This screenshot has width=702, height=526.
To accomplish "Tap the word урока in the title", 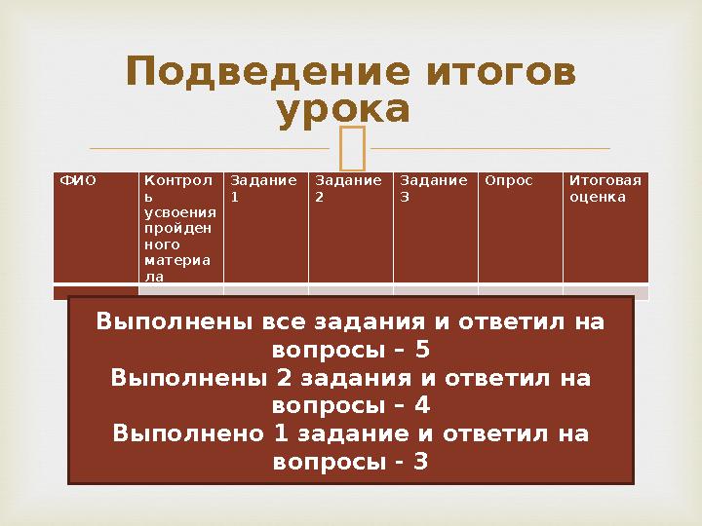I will point(342,110).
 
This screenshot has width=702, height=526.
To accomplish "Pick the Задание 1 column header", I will point(251,188).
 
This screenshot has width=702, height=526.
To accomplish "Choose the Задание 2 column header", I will point(334,188).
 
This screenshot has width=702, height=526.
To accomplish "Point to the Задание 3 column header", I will point(420,188).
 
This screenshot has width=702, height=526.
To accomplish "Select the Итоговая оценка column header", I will point(605,188).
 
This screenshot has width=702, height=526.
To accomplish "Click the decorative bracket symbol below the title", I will point(350,149).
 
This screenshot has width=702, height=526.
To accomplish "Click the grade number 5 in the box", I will point(422,350).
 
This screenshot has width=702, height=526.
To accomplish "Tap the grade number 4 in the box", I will point(422,405).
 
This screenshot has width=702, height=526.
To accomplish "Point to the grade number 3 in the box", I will point(420,461).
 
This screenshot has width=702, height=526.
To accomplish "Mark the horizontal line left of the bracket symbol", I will point(209,149).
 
